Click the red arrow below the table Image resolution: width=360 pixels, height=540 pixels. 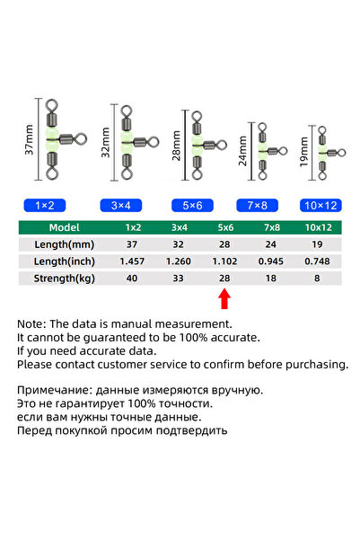[224, 299]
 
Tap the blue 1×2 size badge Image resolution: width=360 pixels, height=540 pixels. [45, 206]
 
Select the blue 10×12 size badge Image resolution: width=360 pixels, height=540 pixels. [320, 206]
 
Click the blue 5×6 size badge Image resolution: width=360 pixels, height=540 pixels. [192, 206]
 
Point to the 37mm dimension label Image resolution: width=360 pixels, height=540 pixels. [30, 139]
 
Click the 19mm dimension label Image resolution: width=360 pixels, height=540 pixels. [303, 152]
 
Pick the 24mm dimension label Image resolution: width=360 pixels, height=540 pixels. [242, 151]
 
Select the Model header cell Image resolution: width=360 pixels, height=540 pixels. [64, 227]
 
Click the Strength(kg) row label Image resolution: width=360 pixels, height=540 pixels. [64, 279]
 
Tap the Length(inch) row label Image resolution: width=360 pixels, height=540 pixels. [64, 261]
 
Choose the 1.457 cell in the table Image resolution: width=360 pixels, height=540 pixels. [132, 261]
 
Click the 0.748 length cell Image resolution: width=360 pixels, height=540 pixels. [317, 261]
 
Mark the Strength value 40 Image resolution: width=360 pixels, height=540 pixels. [132, 279]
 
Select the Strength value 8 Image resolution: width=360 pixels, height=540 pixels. [317, 279]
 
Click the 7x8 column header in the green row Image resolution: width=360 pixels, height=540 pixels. [272, 227]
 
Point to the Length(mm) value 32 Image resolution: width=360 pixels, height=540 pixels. [179, 244]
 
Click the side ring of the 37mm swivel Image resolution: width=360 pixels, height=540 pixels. [81, 139]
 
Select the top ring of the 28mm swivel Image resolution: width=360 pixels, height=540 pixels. [197, 116]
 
